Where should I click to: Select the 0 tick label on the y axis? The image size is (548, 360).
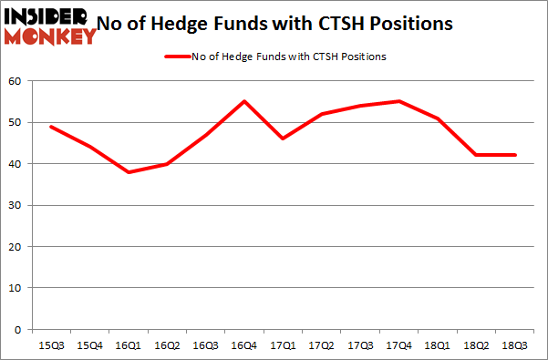18,329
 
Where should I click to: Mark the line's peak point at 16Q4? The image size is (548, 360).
243,101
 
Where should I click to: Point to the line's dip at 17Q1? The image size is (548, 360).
283,139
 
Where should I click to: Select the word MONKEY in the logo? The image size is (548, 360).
50,36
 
